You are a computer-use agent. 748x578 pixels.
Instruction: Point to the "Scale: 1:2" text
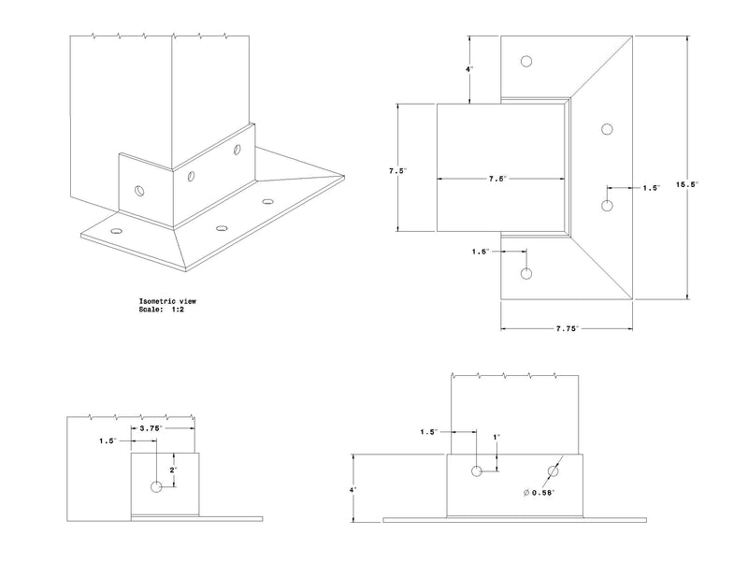pyautogui.click(x=165, y=310)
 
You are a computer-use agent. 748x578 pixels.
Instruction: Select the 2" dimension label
pyautogui.click(x=174, y=470)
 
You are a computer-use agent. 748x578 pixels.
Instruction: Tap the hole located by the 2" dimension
pyautogui.click(x=156, y=486)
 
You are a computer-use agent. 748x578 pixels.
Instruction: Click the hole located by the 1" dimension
pyautogui.click(x=477, y=470)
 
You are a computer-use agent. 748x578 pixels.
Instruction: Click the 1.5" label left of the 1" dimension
pyautogui.click(x=429, y=432)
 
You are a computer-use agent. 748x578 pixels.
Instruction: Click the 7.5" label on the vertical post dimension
pyautogui.click(x=399, y=171)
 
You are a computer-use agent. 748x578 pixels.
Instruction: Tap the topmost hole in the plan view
pyautogui.click(x=527, y=62)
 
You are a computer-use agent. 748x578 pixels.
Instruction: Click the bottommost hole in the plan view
pyautogui.click(x=526, y=274)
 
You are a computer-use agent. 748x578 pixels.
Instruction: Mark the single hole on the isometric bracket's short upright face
pyautogui.click(x=139, y=190)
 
